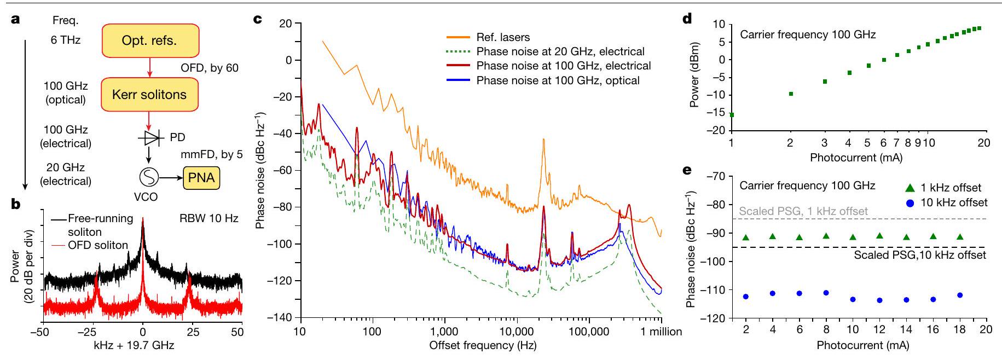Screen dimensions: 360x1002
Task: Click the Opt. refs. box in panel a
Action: pos(149,40)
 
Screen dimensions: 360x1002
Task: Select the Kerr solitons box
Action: pos(149,95)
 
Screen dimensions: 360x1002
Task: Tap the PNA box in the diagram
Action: pos(201,178)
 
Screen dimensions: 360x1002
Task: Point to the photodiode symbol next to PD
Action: pos(151,138)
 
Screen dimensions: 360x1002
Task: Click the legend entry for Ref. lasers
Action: pos(503,37)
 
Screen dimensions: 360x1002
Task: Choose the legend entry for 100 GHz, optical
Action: pos(558,80)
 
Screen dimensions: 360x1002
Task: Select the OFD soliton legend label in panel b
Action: pos(97,245)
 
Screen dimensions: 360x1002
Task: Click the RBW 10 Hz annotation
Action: pos(208,218)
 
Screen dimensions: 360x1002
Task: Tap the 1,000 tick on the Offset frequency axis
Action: pos(444,332)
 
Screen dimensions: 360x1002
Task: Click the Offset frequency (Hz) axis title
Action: pos(483,345)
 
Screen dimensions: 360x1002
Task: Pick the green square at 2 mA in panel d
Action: pos(791,94)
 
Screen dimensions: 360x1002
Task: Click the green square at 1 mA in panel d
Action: pos(732,115)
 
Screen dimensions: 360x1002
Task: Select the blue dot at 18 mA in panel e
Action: pos(960,295)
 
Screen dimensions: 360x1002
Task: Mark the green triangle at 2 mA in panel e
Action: pos(745,237)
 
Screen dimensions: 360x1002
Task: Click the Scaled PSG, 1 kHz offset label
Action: pos(803,211)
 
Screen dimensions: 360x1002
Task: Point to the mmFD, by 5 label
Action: pos(211,154)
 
